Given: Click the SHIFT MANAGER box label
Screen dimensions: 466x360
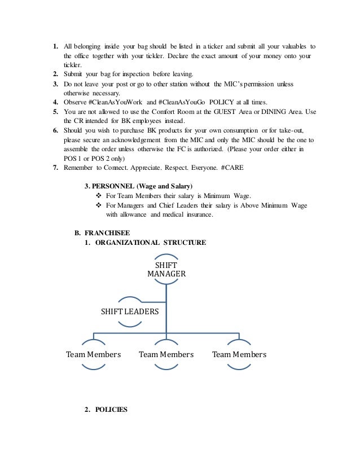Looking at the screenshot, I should (x=166, y=269).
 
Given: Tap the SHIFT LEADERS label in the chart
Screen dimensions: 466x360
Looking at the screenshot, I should (x=130, y=311).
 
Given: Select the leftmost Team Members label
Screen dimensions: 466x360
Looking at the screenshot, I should (x=94, y=355).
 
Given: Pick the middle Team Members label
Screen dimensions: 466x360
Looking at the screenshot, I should (x=166, y=355).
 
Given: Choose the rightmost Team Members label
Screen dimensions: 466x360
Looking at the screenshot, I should (x=239, y=355).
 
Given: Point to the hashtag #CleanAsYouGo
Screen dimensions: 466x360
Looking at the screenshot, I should (x=187, y=103).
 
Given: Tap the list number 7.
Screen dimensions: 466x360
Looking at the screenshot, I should (x=56, y=168).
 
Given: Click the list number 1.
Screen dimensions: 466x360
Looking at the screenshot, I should (x=56, y=46).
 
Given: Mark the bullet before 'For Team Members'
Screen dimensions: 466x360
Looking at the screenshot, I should (x=93, y=195).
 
